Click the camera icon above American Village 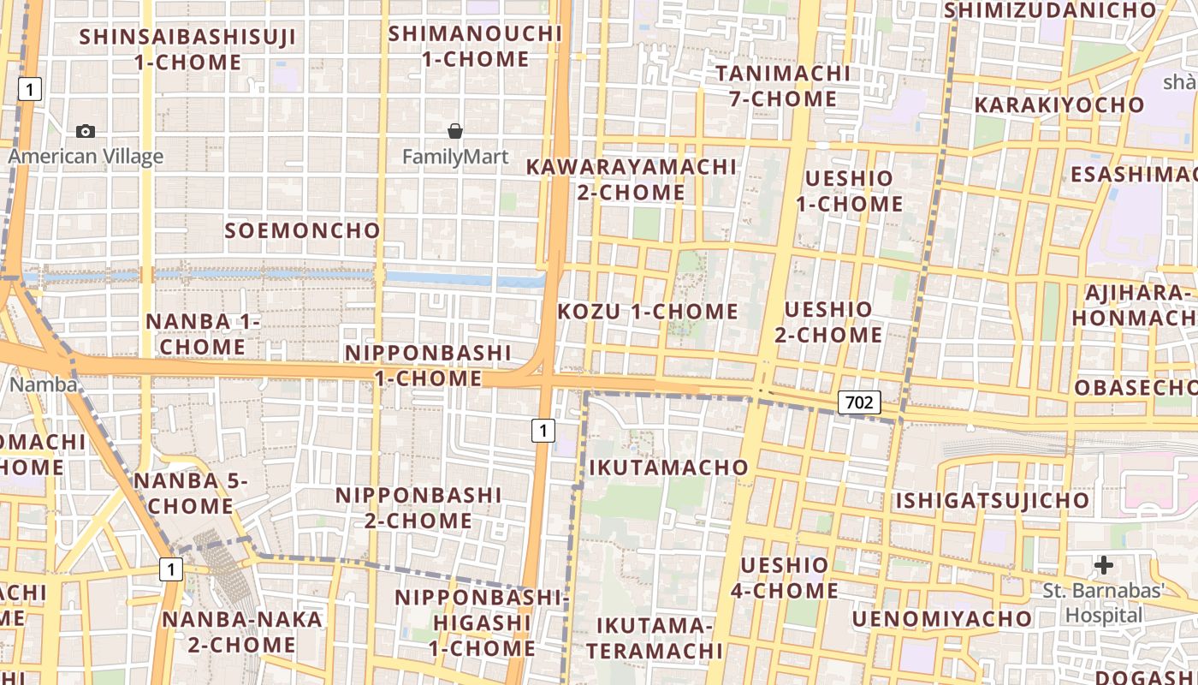pos(86,131)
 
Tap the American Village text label pos(86,157)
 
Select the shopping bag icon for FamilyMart pos(455,131)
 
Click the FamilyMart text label pos(455,157)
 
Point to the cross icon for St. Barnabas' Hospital pos(1104,565)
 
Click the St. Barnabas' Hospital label pos(1104,603)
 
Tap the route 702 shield pos(858,402)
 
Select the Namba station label pos(43,384)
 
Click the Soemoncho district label pos(302,230)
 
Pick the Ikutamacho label pos(668,468)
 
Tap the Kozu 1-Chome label pos(648,312)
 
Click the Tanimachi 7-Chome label pos(783,86)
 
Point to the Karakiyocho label pos(1059,105)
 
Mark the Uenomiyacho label pos(942,618)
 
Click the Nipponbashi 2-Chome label pos(418,508)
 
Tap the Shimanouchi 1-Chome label pos(475,46)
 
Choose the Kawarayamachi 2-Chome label pos(631,179)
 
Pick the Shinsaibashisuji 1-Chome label pos(187,50)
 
